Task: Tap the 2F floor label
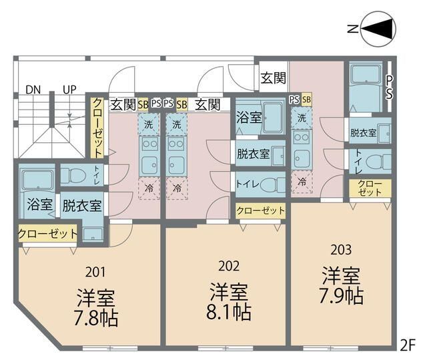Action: tap(408, 345)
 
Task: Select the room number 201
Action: tap(95, 272)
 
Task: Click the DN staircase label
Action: tap(33, 89)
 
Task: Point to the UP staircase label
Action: tap(69, 89)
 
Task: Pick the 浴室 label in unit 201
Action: tap(39, 204)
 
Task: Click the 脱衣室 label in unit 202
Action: tap(253, 153)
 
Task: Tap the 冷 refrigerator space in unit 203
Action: tap(302, 181)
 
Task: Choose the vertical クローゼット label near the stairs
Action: tap(97, 127)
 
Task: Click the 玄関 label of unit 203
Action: tap(274, 78)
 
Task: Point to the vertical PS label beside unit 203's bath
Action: tap(389, 86)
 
